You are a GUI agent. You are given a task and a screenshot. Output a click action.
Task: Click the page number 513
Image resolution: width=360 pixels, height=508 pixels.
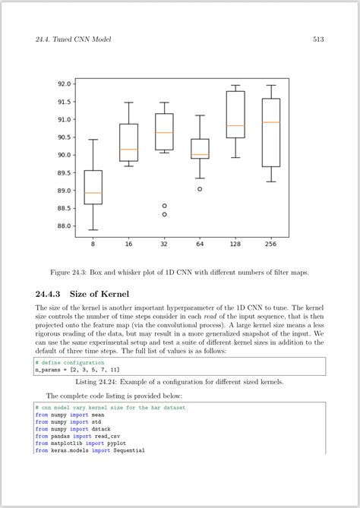tap(319, 39)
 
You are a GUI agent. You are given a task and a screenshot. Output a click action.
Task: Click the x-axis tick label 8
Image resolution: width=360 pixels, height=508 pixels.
tap(93, 244)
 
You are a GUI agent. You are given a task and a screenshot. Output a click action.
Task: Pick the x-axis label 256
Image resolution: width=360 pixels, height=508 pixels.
tap(270, 244)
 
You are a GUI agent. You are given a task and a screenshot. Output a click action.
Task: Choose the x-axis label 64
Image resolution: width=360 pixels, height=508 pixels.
tap(200, 244)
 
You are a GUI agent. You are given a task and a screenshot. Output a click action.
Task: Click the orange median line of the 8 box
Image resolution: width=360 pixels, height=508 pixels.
tap(93, 193)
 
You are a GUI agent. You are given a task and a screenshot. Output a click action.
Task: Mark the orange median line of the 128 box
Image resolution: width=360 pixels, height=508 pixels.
tap(235, 126)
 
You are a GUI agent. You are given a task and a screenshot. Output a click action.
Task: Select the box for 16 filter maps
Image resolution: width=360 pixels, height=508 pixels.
tap(129, 142)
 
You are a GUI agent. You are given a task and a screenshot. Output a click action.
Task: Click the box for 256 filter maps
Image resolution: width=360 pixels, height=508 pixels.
tap(270, 133)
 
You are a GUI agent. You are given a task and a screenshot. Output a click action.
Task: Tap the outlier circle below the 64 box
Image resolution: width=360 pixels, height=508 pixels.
tap(200, 189)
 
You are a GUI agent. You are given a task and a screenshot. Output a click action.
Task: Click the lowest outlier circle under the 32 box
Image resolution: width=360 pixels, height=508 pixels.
tap(164, 214)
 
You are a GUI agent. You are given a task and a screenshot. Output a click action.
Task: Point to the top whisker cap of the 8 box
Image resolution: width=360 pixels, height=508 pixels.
tap(93, 140)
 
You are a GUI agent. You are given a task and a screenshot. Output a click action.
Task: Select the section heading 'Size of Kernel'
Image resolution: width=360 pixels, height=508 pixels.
tap(99, 294)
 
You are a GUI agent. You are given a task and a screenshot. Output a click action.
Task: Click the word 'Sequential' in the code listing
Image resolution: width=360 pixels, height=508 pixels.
tap(128, 450)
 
